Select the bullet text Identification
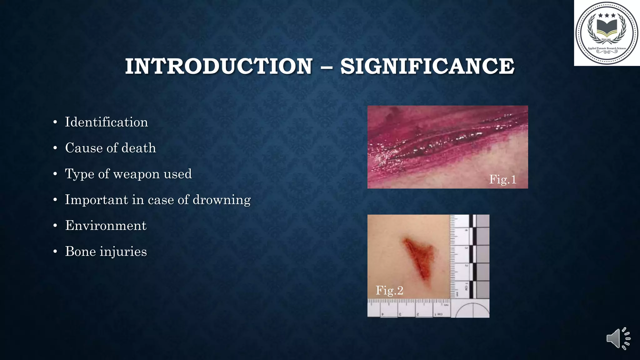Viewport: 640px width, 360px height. pyautogui.click(x=106, y=122)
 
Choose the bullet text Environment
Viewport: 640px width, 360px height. pyautogui.click(x=106, y=226)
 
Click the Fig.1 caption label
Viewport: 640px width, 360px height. pyautogui.click(x=502, y=179)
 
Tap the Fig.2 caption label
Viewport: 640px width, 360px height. pyautogui.click(x=389, y=290)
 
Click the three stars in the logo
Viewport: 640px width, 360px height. pyautogui.click(x=607, y=15)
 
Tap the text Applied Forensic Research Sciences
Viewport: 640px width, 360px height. pyautogui.click(x=607, y=48)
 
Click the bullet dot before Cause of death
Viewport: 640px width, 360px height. pyautogui.click(x=55, y=148)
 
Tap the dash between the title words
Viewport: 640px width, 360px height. pyautogui.click(x=326, y=67)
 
